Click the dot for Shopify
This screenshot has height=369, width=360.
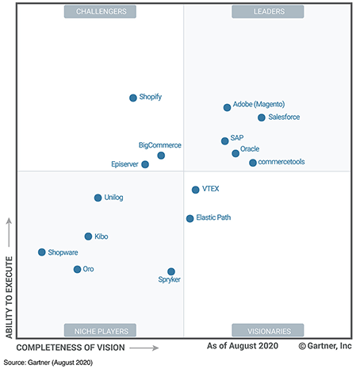[x=133, y=98]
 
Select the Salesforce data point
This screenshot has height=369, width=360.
[x=262, y=117]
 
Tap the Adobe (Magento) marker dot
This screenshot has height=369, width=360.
[x=228, y=107]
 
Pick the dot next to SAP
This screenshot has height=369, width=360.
[x=225, y=141]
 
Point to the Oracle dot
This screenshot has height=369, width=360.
[x=236, y=153]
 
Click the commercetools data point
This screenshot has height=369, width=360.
[x=253, y=163]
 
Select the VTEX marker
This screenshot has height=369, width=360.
[x=195, y=190]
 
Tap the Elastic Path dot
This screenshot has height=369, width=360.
[x=190, y=218]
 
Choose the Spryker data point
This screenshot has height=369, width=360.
[x=171, y=271]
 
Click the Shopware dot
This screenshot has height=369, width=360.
[x=42, y=252]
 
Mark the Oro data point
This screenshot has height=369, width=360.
[x=77, y=269]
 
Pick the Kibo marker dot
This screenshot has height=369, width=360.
[x=89, y=236]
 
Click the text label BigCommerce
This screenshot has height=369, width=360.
[x=160, y=145]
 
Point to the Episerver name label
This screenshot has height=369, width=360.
[x=125, y=164]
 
